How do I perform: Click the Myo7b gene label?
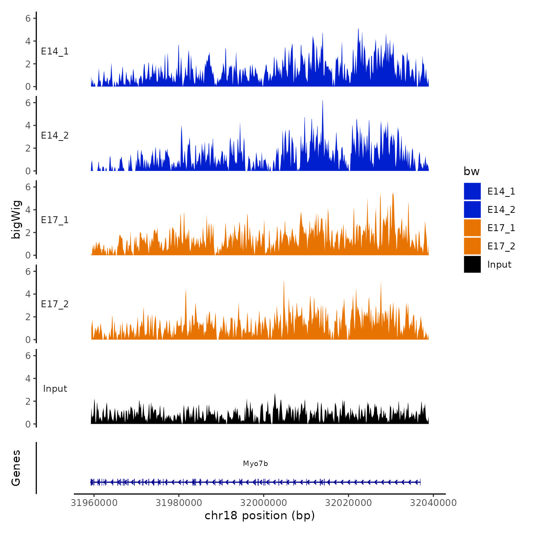(255, 464)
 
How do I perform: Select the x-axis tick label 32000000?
(264, 503)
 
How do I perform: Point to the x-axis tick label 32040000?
(433, 503)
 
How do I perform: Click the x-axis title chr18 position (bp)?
(260, 515)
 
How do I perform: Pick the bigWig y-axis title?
(16, 220)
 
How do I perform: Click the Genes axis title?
(16, 468)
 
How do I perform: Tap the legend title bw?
(471, 172)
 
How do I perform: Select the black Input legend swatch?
(472, 264)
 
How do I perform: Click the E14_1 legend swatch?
(472, 191)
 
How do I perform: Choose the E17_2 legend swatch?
(472, 246)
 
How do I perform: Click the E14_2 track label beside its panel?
(55, 136)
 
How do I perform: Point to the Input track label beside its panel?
(55, 389)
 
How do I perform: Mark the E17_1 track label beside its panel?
(55, 220)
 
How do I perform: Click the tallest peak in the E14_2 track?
(322, 101)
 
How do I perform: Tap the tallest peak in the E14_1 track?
(358, 30)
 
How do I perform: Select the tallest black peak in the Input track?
(275, 395)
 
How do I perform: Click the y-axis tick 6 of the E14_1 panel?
(28, 18)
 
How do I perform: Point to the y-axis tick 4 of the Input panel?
(28, 378)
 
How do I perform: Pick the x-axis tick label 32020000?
(348, 503)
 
